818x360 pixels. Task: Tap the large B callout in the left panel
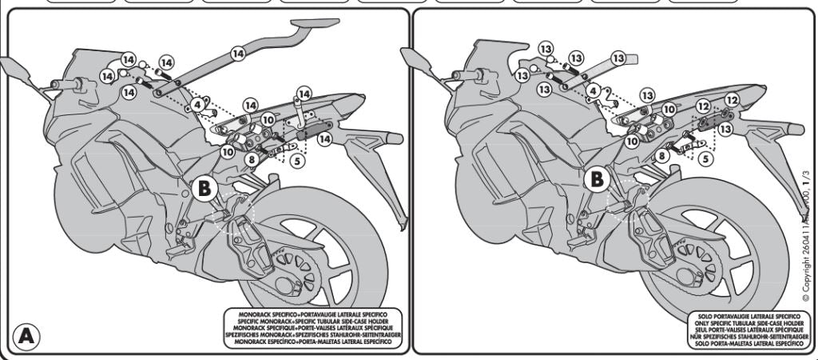204,188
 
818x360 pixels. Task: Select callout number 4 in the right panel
592,91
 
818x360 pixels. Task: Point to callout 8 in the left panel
251,160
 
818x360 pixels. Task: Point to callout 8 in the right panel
662,156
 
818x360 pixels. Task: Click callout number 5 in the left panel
296,161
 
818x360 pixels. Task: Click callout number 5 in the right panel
705,158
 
